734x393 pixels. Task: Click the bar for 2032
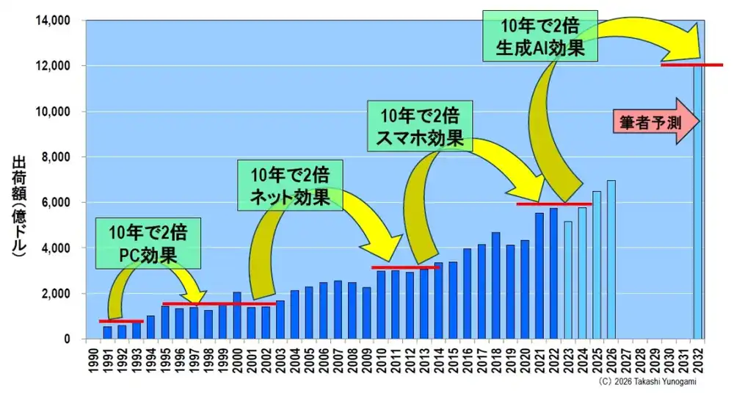[697, 202]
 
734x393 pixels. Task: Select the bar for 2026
[611, 259]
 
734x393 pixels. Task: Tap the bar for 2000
[237, 316]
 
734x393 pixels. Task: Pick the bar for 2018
[495, 286]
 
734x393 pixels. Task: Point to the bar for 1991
[108, 333]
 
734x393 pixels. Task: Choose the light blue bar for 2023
[568, 280]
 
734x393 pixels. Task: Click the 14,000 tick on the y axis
[53, 21]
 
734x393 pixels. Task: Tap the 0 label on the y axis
[68, 339]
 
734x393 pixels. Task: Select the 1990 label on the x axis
[93, 361]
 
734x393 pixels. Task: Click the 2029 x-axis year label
[655, 361]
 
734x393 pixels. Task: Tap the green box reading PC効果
[148, 243]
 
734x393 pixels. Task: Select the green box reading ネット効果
[290, 185]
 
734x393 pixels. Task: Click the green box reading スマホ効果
[420, 126]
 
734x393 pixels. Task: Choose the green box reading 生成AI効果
[540, 36]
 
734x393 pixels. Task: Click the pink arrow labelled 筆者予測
[656, 121]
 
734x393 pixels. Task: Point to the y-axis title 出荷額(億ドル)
[19, 207]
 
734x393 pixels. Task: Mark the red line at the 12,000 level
[692, 65]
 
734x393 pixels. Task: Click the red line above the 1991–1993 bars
[121, 321]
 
